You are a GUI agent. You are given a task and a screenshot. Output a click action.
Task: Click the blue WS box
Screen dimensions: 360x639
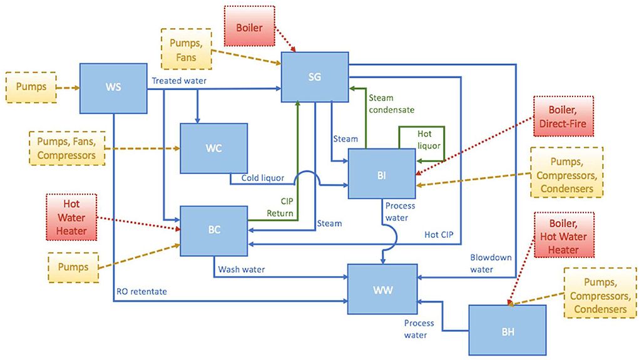coord(113,87)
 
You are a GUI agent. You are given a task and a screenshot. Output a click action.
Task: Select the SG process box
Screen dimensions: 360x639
coord(315,76)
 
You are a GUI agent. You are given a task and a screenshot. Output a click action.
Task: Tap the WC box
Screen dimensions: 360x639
coord(213,148)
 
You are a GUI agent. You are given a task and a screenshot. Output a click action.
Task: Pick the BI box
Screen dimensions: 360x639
coord(381,174)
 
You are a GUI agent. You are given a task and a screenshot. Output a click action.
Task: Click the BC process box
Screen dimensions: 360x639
coord(213,230)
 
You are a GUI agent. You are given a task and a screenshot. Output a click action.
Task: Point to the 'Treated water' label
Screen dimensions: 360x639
coord(178,81)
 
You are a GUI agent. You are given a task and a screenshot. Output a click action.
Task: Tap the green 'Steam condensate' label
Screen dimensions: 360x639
coord(391,103)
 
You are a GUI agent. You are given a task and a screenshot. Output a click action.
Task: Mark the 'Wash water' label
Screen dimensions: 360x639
coord(242,270)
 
